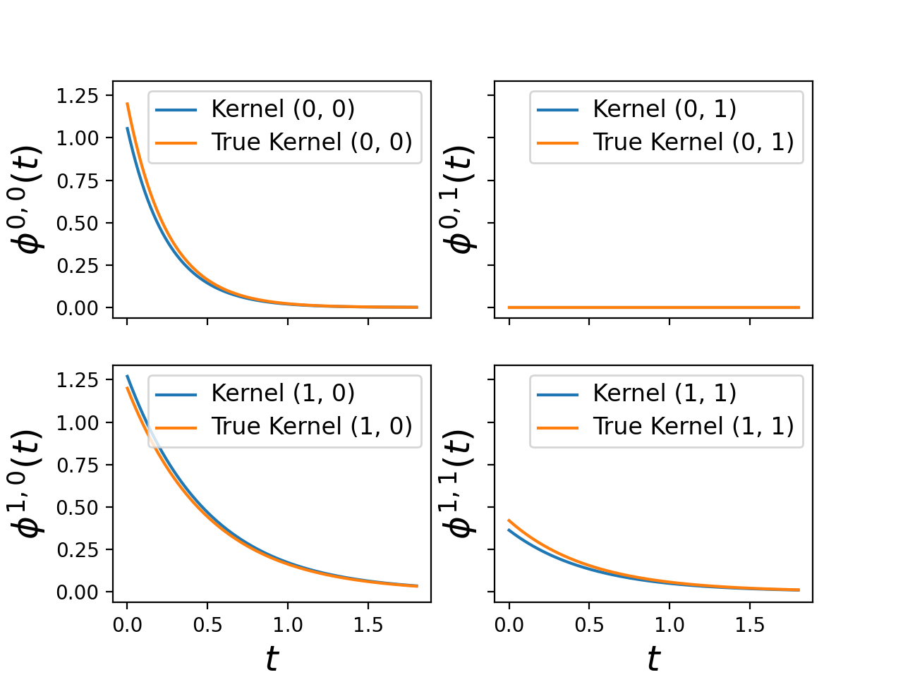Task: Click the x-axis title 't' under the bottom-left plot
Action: [x=272, y=659]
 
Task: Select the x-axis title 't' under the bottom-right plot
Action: [x=653, y=659]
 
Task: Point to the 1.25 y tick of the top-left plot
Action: [x=78, y=96]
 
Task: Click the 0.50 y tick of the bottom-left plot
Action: [x=78, y=508]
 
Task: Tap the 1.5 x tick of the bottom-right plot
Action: [x=749, y=625]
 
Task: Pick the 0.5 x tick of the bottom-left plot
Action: [x=207, y=625]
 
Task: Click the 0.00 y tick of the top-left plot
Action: [x=78, y=308]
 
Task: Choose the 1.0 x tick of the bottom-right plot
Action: [x=669, y=625]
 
